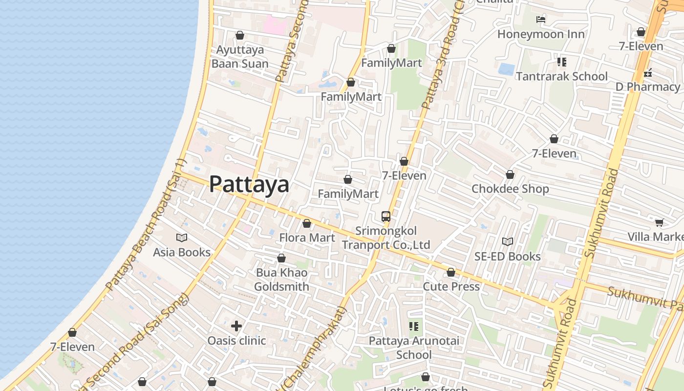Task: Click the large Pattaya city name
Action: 249,184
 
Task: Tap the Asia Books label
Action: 182,252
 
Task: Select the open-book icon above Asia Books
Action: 182,238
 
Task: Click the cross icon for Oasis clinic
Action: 236,326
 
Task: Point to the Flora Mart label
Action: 307,238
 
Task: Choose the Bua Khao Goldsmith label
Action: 281,280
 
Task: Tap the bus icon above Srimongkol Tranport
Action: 386,216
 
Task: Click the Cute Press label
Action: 451,286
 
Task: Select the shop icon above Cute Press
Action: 451,272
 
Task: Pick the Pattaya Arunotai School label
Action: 414,348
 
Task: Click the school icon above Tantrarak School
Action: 562,62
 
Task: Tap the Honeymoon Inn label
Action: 541,34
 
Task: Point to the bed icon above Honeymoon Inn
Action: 541,20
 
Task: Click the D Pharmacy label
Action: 647,87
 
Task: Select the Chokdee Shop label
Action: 510,189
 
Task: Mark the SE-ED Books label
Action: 508,256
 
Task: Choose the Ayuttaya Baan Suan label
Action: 240,57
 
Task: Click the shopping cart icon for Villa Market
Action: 659,223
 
